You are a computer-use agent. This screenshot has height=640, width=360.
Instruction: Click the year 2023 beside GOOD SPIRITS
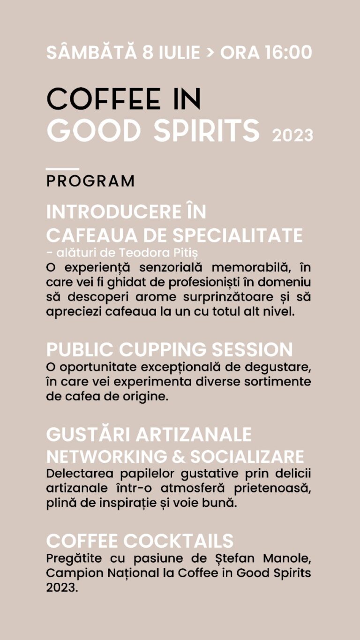[x=292, y=136]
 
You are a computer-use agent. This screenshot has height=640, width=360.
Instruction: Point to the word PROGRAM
[x=90, y=181]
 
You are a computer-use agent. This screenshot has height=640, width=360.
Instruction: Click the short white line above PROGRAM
[x=62, y=169]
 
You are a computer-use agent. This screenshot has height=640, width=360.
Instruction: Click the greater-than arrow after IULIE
[x=210, y=53]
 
